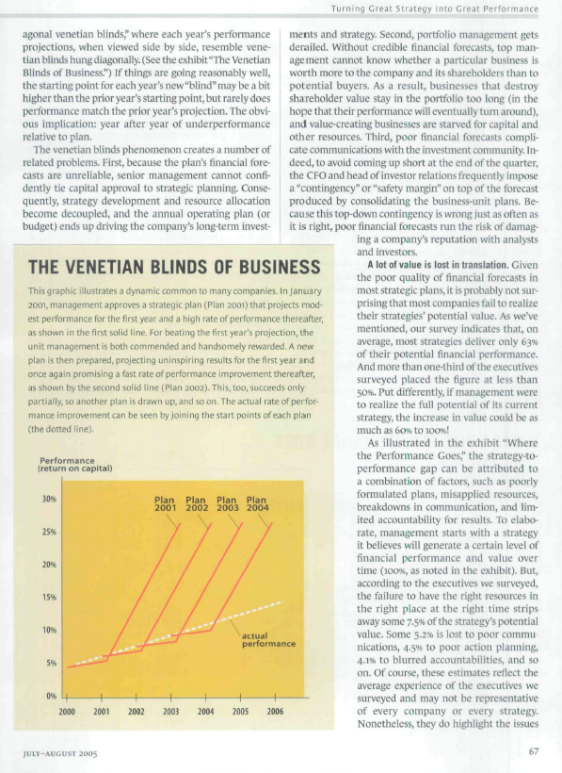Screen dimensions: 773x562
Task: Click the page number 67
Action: pyautogui.click(x=533, y=751)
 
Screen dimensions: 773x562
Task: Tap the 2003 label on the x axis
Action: pyautogui.click(x=170, y=712)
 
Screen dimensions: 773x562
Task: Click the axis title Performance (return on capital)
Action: pyautogui.click(x=74, y=464)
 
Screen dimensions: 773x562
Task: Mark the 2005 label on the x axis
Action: pyautogui.click(x=240, y=712)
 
